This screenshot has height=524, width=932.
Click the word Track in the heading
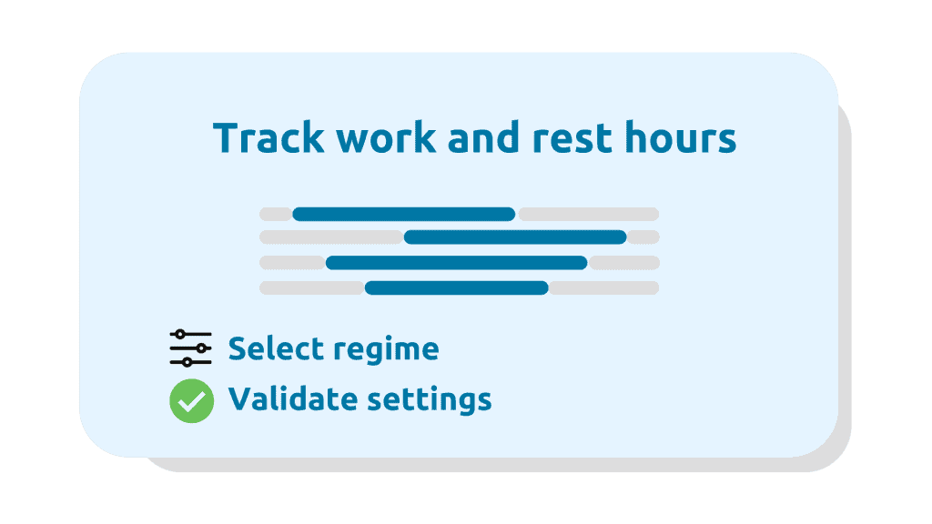[x=268, y=137]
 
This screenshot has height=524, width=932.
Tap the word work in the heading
[x=386, y=137]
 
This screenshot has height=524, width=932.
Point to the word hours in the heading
[x=681, y=137]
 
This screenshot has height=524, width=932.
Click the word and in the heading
[x=484, y=137]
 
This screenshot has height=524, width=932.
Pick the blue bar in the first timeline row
[x=403, y=214]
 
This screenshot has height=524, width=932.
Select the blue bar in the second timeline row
[x=515, y=237]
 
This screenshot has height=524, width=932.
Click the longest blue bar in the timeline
[x=457, y=263]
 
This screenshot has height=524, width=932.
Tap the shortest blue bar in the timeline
[x=457, y=288]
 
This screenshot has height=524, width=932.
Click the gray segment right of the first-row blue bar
[x=589, y=214]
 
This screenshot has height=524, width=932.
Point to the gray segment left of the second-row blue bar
[x=331, y=237]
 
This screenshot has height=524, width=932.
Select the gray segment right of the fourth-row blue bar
[x=604, y=288]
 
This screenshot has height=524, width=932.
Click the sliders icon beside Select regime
[x=191, y=348]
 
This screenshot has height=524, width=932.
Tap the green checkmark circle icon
[x=191, y=401]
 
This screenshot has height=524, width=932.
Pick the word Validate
[x=292, y=398]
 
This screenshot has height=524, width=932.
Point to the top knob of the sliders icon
[x=180, y=335]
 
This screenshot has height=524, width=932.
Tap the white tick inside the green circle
[x=191, y=402]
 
